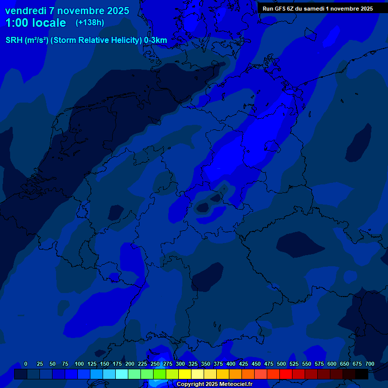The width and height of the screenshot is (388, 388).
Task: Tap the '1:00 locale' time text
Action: [35, 23]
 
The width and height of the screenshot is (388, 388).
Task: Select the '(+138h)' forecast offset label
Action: [89, 23]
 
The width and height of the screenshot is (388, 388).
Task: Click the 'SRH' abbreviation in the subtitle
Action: [14, 40]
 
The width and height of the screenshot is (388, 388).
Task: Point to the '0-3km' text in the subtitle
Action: [155, 40]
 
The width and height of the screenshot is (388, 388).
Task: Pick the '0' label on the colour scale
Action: [26, 364]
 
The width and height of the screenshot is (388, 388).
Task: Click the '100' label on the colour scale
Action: [79, 364]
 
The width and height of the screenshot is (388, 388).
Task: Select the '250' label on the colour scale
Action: [155, 364]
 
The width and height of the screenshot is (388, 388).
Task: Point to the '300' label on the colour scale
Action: [180, 364]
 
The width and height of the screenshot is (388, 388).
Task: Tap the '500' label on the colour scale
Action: [281, 364]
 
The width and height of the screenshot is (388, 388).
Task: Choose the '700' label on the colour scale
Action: [370, 364]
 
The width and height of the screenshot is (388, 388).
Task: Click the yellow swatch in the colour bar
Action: [185, 374]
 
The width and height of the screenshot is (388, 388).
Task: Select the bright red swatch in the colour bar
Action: [286, 374]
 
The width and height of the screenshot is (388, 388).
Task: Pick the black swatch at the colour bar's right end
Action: [362, 374]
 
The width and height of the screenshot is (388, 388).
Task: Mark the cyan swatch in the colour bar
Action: [122, 374]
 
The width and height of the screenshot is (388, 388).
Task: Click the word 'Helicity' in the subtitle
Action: [125, 40]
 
